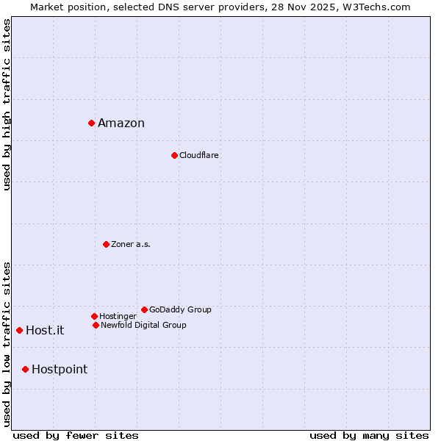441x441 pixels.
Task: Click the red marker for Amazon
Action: pyautogui.click(x=91, y=123)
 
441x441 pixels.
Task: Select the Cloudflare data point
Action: pyautogui.click(x=174, y=155)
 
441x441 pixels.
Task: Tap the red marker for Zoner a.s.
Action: pyautogui.click(x=106, y=244)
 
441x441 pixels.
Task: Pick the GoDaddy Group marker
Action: pyautogui.click(x=144, y=309)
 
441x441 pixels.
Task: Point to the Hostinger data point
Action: pyautogui.click(x=94, y=316)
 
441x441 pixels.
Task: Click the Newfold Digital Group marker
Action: pyautogui.click(x=96, y=325)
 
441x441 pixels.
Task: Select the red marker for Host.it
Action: pyautogui.click(x=19, y=330)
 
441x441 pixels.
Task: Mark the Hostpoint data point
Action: pyautogui.click(x=25, y=369)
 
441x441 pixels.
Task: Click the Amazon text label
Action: pyautogui.click(x=121, y=123)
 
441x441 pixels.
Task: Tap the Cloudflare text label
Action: pyautogui.click(x=199, y=156)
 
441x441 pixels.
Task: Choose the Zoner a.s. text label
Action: pyautogui.click(x=131, y=245)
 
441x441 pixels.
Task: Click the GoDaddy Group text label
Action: pyautogui.click(x=180, y=310)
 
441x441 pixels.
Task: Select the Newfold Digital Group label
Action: pyautogui.click(x=144, y=326)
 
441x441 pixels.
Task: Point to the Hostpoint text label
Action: pyautogui.click(x=60, y=370)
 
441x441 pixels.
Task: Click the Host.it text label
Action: pyautogui.click(x=45, y=331)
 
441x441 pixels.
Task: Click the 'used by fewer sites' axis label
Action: pyautogui.click(x=76, y=435)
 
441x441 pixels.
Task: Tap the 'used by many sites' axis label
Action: pyautogui.click(x=369, y=435)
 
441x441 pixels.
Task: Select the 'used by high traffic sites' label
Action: pyautogui.click(x=7, y=104)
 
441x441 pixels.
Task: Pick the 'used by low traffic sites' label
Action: pyautogui.click(x=7, y=344)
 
